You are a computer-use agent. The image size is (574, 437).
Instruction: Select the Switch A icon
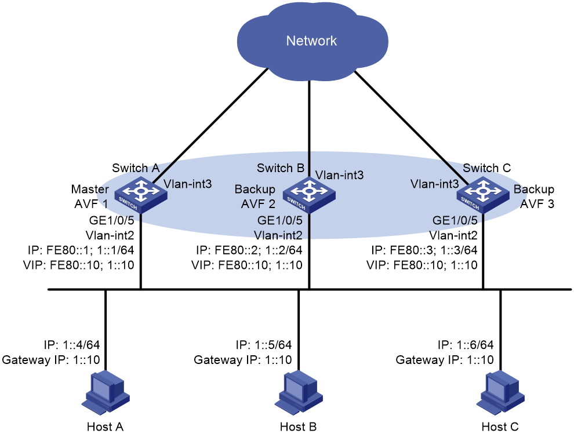click(141, 195)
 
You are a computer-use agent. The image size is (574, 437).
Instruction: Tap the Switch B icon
click(310, 195)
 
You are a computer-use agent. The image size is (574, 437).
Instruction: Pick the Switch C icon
click(483, 195)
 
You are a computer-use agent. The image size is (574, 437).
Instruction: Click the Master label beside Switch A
click(90, 189)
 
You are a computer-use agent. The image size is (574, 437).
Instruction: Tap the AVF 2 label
click(258, 203)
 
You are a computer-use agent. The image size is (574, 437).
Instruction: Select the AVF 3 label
click(537, 204)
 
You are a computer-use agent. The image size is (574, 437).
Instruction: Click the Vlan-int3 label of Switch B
click(339, 175)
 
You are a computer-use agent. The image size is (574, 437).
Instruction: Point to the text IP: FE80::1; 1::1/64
click(81, 250)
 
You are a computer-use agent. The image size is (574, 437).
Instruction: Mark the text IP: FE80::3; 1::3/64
click(424, 250)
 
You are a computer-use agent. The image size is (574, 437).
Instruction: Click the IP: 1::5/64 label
click(264, 345)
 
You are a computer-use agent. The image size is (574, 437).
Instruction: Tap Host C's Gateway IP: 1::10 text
click(445, 360)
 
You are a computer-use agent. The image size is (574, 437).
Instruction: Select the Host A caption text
click(105, 427)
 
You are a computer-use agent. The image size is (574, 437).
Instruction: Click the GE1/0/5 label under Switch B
click(280, 220)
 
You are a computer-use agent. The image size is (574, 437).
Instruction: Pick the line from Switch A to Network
click(210, 124)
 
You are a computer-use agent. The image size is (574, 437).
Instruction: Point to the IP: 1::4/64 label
click(72, 345)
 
